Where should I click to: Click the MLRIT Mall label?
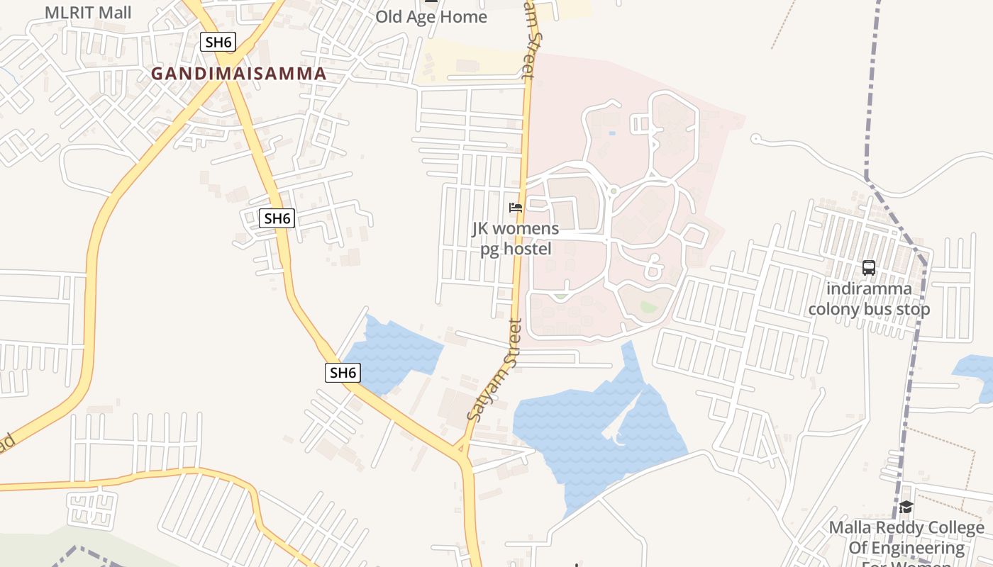pos(88,12)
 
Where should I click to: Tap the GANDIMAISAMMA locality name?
pos(238,73)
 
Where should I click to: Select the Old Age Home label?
pos(431,16)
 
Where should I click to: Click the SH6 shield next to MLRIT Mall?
pos(218,42)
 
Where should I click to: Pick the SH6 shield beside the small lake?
pos(343,373)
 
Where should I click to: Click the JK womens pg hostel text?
pos(516,239)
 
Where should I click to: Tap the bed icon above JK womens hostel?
pos(516,208)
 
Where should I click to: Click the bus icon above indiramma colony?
pos(869,268)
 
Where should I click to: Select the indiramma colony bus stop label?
pos(869,299)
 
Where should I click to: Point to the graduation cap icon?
pos(906,507)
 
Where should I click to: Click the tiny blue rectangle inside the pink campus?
pos(612,133)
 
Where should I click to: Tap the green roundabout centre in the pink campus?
pos(614,191)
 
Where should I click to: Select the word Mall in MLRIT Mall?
pos(117,12)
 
